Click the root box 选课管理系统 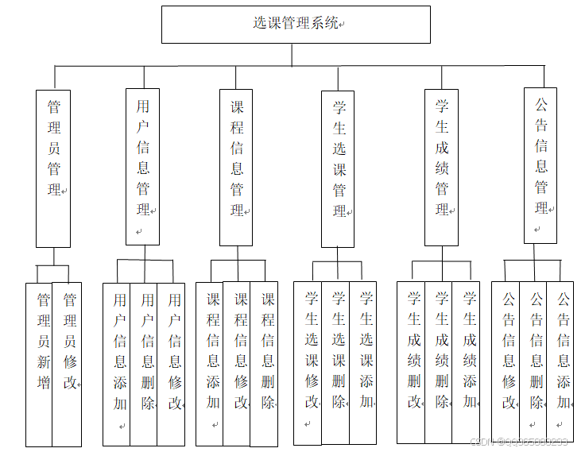point(296,24)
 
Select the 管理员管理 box point(53,167)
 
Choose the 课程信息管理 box point(237,167)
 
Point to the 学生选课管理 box point(339,168)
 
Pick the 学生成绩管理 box point(442,167)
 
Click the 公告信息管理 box point(540,164)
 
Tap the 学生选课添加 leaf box point(363,362)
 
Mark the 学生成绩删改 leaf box point(412,362)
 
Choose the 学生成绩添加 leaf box point(467,362)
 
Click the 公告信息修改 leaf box point(506,362)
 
